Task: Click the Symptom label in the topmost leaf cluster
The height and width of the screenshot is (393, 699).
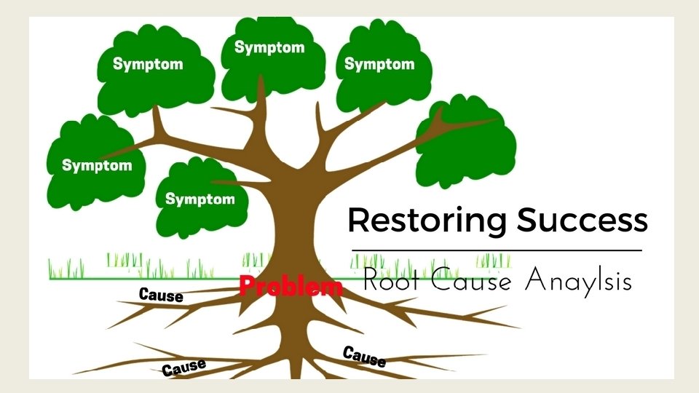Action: [x=269, y=48]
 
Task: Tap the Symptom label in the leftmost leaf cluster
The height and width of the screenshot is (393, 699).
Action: [x=97, y=165]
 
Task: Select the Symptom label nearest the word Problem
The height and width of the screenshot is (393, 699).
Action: [x=200, y=199]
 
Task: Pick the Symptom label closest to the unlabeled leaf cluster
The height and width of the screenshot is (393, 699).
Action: [x=379, y=64]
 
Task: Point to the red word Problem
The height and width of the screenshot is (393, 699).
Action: [x=291, y=286]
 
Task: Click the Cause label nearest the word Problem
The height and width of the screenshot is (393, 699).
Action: [x=160, y=295]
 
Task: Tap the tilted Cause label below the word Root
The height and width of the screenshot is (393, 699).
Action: [x=363, y=357]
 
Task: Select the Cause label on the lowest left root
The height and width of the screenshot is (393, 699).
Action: [x=183, y=368]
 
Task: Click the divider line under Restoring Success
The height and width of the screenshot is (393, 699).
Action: [x=496, y=250]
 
